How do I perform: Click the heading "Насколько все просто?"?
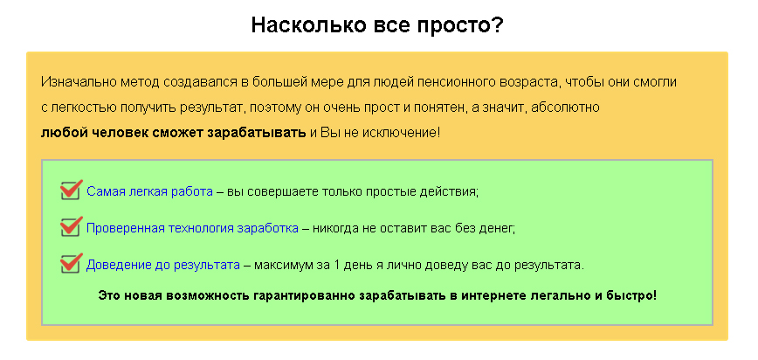tap(377, 24)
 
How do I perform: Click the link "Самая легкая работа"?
tap(149, 191)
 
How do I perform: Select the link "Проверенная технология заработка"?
tap(192, 228)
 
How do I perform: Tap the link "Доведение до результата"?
tap(162, 264)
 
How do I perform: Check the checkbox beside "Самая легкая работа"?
tap(71, 190)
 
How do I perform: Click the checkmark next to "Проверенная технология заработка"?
tap(71, 226)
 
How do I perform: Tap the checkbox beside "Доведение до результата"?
tap(71, 262)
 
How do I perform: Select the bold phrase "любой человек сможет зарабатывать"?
tap(173, 133)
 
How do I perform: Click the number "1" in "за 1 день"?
tap(337, 264)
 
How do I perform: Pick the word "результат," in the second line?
tap(210, 107)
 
